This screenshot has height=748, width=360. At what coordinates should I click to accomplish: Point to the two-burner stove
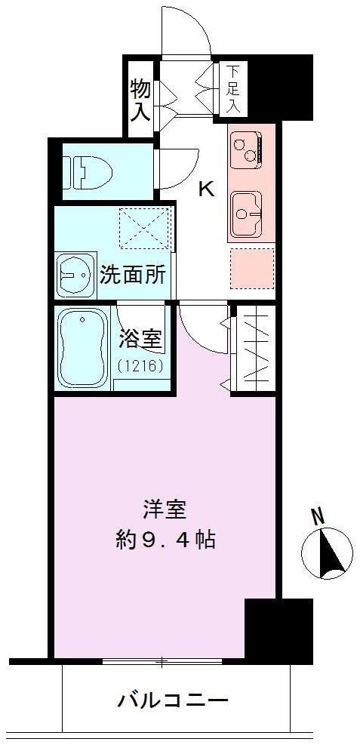[x=246, y=149]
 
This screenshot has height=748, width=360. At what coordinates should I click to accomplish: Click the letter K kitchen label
[x=205, y=189]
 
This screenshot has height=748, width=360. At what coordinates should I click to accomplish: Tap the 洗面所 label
[x=133, y=275]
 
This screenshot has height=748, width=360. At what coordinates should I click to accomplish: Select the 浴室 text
[x=140, y=340]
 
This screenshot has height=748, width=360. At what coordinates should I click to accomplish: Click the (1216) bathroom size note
[x=140, y=367]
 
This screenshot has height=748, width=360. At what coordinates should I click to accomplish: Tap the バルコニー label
[x=172, y=700]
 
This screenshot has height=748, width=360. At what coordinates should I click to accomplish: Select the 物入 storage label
[x=140, y=100]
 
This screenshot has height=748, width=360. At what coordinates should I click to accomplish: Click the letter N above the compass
[x=318, y=517]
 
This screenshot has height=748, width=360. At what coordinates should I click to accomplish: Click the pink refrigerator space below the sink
[x=251, y=266]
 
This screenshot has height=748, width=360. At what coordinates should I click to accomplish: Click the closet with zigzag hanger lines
[x=254, y=348]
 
